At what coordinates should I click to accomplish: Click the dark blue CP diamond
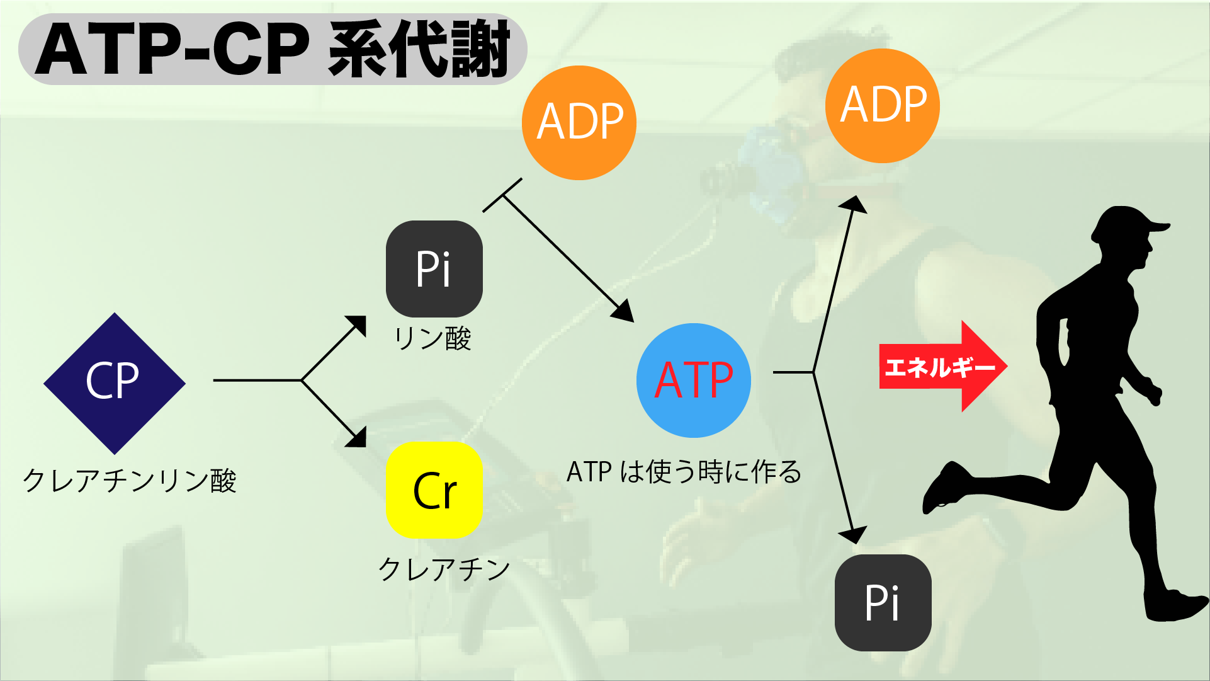tap(114, 383)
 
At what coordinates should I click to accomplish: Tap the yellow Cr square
tap(434, 490)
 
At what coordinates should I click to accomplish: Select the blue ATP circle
tap(693, 381)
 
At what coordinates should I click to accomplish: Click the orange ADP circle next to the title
tap(579, 123)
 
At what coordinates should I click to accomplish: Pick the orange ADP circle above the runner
tap(882, 106)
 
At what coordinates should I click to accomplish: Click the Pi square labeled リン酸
tap(434, 269)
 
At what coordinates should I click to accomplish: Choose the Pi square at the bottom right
tap(883, 602)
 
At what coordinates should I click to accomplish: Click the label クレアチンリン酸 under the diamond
tap(129, 481)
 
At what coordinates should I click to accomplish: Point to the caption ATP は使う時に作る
tap(684, 472)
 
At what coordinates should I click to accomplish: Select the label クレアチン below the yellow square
tap(444, 569)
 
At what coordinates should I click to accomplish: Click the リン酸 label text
tap(433, 338)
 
